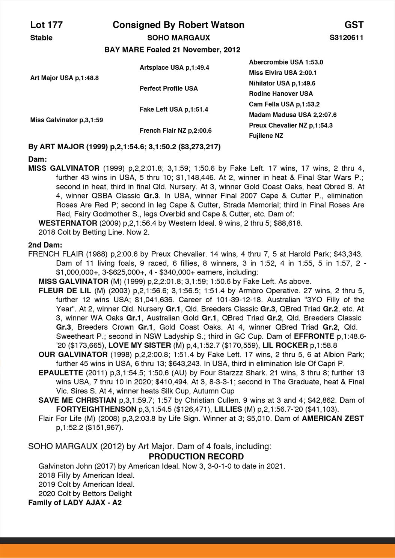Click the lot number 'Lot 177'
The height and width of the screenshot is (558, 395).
46,25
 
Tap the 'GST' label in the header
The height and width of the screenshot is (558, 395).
354,25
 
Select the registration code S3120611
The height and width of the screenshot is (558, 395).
346,37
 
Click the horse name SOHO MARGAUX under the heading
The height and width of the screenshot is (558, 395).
178,37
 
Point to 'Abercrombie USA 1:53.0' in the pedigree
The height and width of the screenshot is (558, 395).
286,62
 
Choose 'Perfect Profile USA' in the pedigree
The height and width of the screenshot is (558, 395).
169,88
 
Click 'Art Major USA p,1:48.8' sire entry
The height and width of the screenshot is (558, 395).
64,78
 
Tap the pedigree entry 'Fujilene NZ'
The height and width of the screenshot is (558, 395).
266,136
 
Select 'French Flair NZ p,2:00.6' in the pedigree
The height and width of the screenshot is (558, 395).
175,130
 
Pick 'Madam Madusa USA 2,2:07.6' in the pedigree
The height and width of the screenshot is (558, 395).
292,115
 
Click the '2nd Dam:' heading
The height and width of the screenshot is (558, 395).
45,245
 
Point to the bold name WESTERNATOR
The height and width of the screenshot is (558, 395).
68,223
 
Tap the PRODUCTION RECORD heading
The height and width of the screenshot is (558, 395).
196,456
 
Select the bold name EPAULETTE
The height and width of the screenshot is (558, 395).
60,373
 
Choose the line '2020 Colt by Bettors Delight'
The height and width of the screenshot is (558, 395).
85,493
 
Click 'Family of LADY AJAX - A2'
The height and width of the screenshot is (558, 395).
75,502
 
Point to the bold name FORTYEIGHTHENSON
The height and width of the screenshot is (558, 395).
96,409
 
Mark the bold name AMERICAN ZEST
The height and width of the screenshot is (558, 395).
333,418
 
